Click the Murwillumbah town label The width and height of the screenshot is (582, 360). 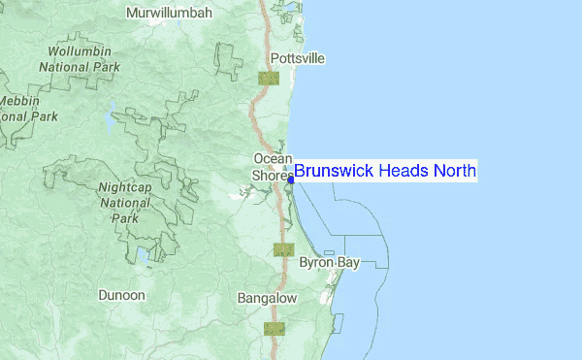[x=172, y=14]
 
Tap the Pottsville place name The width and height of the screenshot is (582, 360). [x=298, y=58]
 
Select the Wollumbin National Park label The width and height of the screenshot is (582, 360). [x=80, y=58]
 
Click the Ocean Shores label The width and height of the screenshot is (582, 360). [x=273, y=167]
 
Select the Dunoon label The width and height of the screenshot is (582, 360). [x=121, y=294]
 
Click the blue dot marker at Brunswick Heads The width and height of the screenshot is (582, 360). [x=291, y=179]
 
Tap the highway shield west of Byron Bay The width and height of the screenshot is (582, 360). [x=283, y=249]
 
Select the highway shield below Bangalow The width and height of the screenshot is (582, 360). [x=275, y=328]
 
